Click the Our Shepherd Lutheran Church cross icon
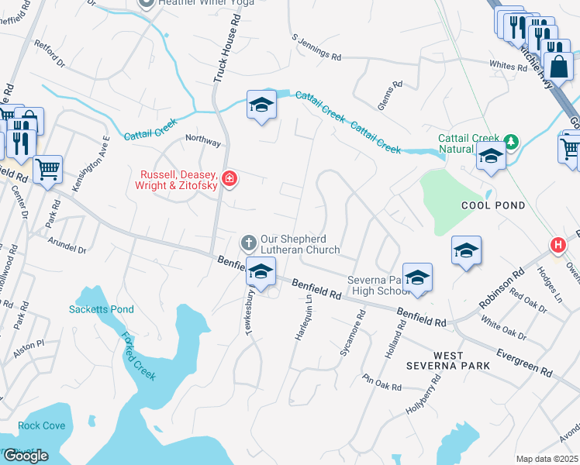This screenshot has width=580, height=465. (249, 243)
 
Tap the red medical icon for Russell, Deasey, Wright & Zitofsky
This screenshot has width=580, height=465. (229, 180)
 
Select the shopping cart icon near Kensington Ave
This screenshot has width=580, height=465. (48, 167)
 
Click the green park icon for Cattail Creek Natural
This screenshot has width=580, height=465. (510, 141)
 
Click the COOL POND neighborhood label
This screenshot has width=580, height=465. (493, 205)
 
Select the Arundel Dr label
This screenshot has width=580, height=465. (67, 245)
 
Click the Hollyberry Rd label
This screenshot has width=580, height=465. (424, 395)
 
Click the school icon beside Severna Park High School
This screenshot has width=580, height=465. (417, 278)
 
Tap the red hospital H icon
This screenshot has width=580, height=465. (557, 246)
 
